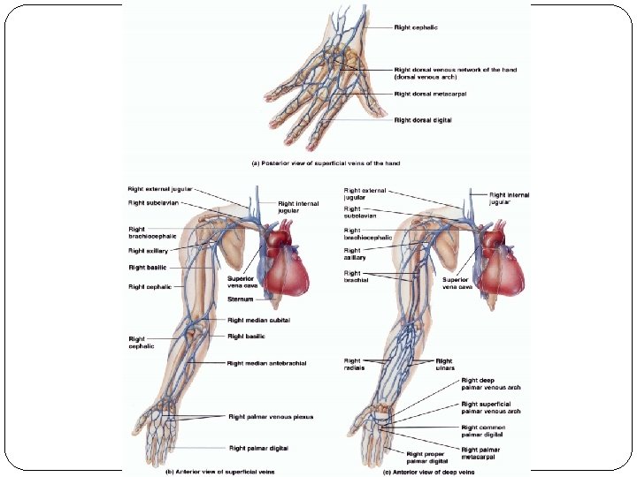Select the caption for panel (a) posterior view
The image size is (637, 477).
pos(325,163)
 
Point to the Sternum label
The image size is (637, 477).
pos(242,299)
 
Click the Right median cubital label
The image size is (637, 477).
pos(259,320)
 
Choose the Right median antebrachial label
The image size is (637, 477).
pos(267,363)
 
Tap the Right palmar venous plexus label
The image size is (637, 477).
pos(271,416)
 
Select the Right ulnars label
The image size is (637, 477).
pos(443,365)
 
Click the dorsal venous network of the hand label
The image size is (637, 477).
pos(456,72)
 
